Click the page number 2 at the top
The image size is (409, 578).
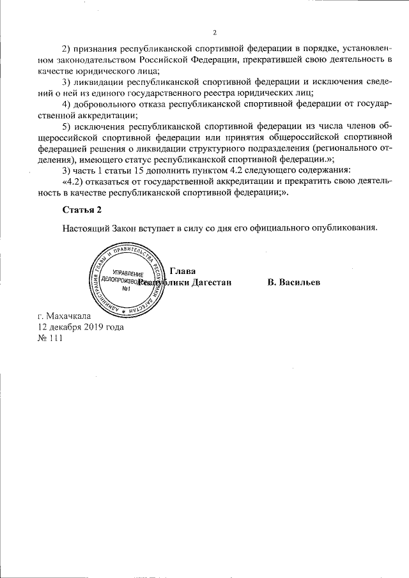click(x=215, y=33)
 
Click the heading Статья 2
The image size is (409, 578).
click(x=82, y=210)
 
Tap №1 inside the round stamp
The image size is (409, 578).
click(x=127, y=289)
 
